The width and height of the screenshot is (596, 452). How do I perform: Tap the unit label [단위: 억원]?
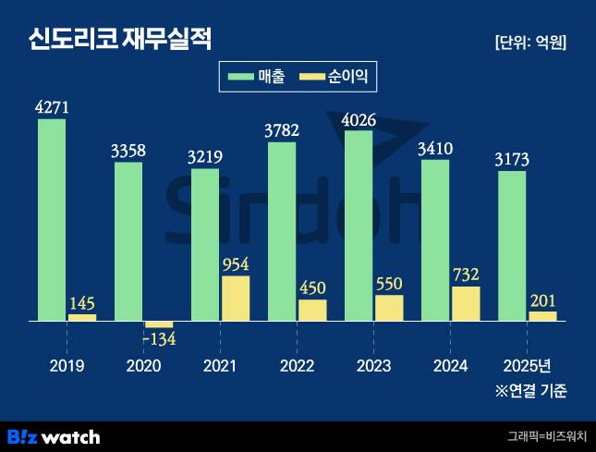pyautogui.click(x=530, y=42)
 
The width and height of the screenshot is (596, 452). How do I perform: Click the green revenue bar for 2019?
pyautogui.click(x=52, y=220)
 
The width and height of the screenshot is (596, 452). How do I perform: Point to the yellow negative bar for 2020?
pyautogui.click(x=159, y=324)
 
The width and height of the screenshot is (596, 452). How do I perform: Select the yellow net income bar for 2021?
pyautogui.click(x=236, y=299)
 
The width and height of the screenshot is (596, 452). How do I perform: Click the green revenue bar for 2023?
pyautogui.click(x=359, y=226)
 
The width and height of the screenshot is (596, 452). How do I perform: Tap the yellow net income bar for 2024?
pyautogui.click(x=466, y=303)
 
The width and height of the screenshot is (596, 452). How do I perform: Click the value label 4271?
pyautogui.click(x=52, y=107)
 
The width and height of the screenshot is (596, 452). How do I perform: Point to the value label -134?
pyautogui.click(x=159, y=339)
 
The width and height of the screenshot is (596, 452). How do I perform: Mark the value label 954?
pyautogui.click(x=236, y=263)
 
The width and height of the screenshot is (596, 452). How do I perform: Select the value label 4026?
pyautogui.click(x=359, y=118)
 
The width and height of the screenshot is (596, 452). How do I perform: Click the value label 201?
pyautogui.click(x=542, y=299)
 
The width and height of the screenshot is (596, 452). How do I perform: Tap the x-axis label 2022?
pyautogui.click(x=297, y=366)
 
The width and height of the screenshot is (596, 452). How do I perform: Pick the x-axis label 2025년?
pyautogui.click(x=527, y=366)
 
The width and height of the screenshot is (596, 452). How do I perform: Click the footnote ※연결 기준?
pyautogui.click(x=530, y=392)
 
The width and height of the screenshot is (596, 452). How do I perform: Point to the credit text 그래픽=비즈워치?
pyautogui.click(x=545, y=436)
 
